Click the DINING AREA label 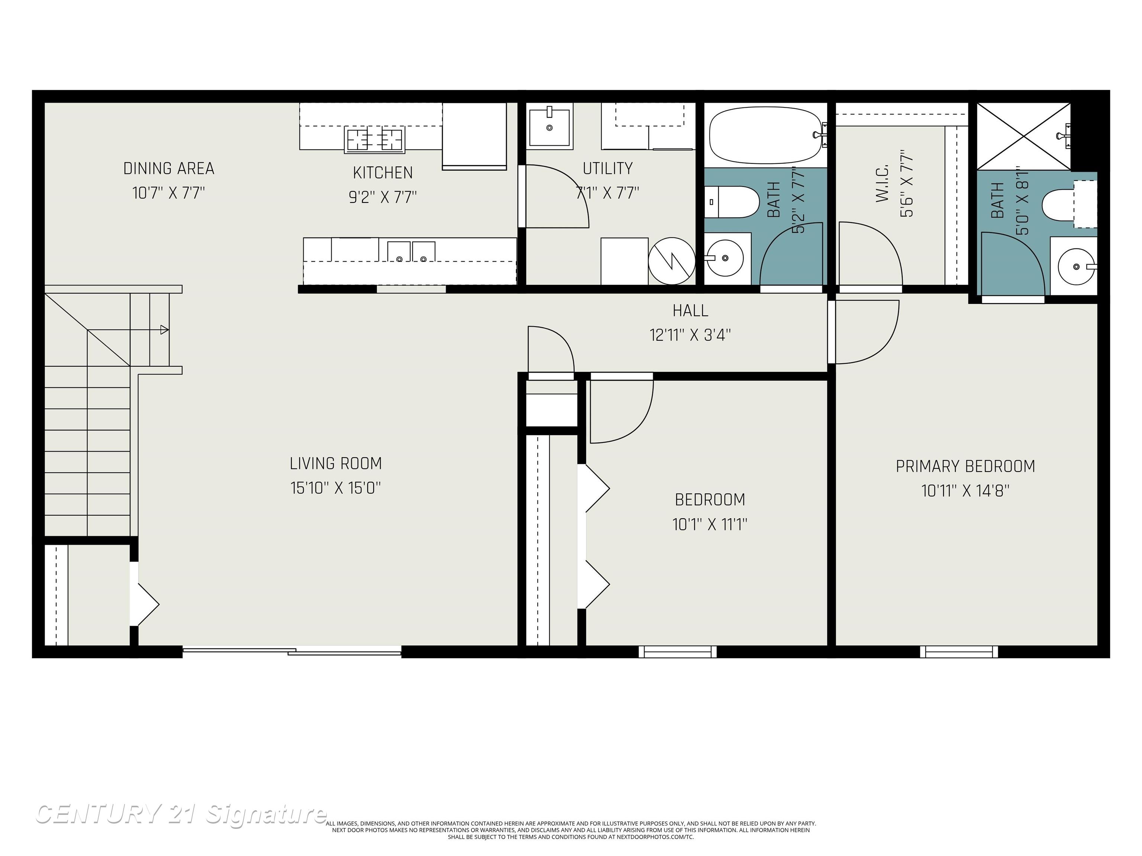(169, 168)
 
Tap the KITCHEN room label (383, 172)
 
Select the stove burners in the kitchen (374, 139)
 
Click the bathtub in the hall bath (766, 135)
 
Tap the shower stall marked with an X (1024, 136)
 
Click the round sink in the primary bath (1077, 266)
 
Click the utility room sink (549, 126)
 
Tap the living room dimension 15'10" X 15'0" (336, 487)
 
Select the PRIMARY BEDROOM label (965, 466)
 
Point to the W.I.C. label (882, 183)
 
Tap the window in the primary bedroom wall (959, 652)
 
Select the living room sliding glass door (292, 652)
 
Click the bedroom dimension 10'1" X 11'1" (710, 524)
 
